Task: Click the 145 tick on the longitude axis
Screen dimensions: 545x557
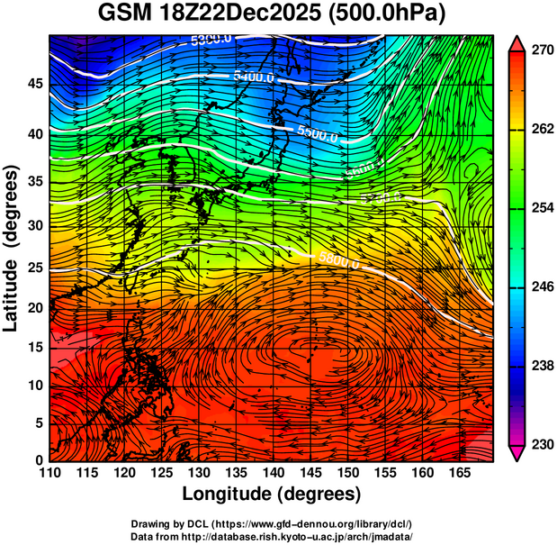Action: [309, 473]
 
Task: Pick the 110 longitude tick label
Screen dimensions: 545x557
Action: [49, 473]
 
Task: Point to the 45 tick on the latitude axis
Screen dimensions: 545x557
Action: [34, 84]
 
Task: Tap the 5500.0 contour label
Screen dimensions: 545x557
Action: [317, 134]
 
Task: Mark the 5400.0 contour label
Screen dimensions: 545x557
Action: [253, 77]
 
